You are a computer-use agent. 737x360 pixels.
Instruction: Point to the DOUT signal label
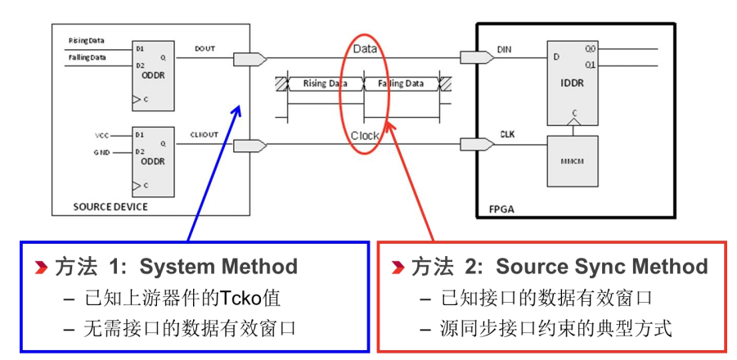[x=205, y=48]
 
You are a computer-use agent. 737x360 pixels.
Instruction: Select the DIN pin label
[x=505, y=49]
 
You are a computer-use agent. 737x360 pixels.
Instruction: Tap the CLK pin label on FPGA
[x=506, y=134]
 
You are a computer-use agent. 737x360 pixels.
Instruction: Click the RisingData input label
[x=86, y=40]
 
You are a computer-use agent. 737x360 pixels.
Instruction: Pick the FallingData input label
[x=87, y=56]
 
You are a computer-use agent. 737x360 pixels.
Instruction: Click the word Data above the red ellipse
[x=365, y=49]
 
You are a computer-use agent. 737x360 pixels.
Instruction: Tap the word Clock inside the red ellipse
[x=365, y=136]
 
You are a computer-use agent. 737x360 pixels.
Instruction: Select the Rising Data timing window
[x=325, y=83]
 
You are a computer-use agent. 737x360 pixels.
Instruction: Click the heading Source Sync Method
[x=602, y=267]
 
